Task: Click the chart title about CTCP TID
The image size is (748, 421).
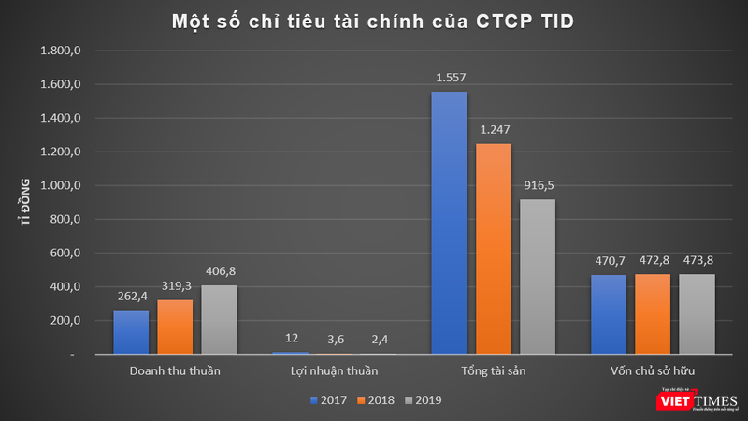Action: (x=373, y=21)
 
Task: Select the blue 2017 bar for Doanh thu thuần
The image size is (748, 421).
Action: (x=131, y=331)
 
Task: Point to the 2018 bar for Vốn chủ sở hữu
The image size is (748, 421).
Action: (x=652, y=314)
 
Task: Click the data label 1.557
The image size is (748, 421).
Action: (x=449, y=80)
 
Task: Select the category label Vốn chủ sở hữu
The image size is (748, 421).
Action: (x=651, y=371)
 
